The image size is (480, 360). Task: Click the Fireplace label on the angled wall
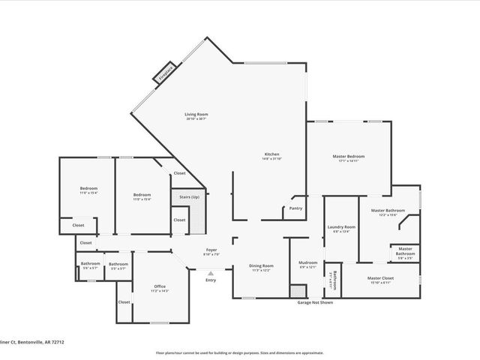point(165,73)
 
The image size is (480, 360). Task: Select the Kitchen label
point(271,154)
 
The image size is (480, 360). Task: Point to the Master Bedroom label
point(348,156)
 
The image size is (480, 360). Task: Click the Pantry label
point(295,208)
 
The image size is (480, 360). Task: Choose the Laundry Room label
point(340,226)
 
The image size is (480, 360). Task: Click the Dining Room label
point(261,265)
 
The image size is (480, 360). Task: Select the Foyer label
point(212,249)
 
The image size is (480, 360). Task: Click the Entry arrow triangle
point(211,274)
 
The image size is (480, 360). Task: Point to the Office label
point(159,286)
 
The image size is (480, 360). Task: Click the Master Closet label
point(381,277)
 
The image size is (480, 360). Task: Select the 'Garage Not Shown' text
point(315,302)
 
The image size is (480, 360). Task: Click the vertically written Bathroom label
point(334,280)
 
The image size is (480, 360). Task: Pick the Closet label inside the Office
point(124,301)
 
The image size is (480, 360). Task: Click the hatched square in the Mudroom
point(298,291)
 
